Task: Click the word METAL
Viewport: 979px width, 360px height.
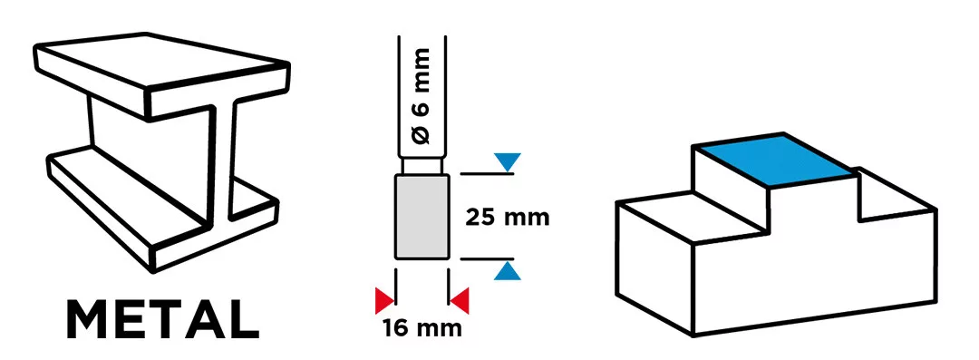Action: tap(162, 320)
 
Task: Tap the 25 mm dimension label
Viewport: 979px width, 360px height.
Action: tap(508, 218)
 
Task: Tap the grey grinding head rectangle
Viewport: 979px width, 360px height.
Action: tap(422, 216)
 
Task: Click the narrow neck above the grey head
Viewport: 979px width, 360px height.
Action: tap(422, 166)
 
